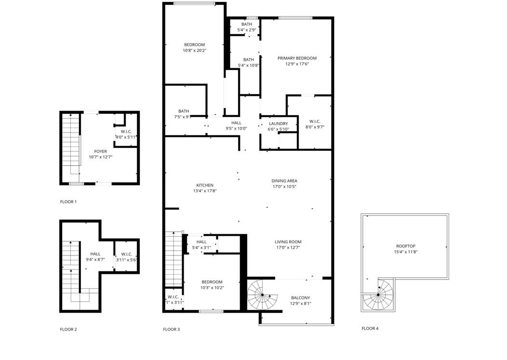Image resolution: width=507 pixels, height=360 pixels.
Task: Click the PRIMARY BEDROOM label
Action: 296,58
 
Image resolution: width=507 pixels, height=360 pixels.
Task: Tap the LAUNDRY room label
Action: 278,124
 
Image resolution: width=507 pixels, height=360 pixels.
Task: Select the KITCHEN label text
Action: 204,186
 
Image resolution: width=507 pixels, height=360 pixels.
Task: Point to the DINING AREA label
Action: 284,181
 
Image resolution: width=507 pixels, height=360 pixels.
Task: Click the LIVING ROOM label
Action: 288,242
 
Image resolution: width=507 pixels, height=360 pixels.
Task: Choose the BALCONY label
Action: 300,298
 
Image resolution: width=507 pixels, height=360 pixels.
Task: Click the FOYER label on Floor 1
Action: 100,152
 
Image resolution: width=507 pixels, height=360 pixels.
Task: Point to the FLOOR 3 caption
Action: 171,330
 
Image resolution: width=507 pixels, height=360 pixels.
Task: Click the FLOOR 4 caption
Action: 370,329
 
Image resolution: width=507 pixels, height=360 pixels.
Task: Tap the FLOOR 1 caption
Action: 68,202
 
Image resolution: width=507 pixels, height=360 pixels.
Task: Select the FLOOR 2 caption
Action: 68,330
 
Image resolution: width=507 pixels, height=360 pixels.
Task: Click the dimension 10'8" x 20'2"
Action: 194,51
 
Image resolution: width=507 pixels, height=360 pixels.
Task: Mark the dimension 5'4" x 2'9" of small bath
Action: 246,30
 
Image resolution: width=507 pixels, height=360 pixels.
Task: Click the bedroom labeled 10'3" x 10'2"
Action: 212,282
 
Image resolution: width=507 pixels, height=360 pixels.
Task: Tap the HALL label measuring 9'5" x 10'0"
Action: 236,123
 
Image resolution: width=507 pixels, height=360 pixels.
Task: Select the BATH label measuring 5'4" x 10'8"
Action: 248,60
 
